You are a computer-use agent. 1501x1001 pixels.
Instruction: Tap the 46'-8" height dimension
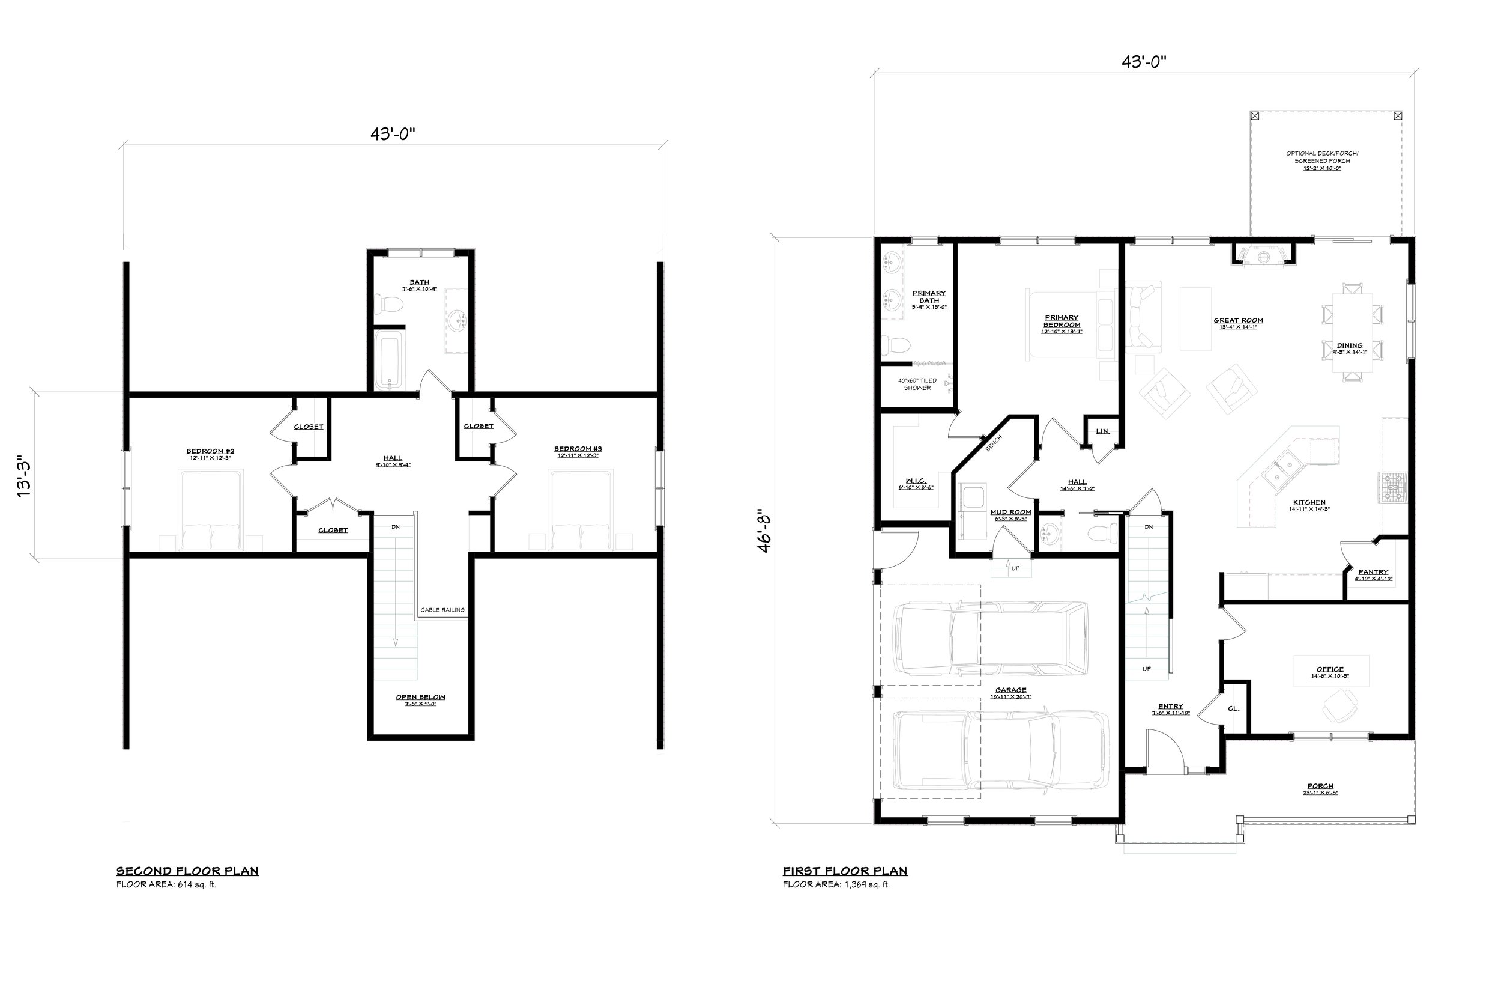[x=765, y=530]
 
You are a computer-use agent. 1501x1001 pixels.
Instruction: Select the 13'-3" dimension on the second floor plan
[x=23, y=476]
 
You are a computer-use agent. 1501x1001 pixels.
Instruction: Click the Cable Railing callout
[x=442, y=610]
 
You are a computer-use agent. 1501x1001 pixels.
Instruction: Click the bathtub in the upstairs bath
[x=389, y=360]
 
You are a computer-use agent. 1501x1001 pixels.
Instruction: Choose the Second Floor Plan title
[x=187, y=871]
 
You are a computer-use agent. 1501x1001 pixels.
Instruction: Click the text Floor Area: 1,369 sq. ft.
[x=836, y=885]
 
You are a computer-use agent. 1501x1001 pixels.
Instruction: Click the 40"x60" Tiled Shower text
[x=917, y=384]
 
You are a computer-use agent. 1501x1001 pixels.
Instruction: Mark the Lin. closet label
[x=1102, y=431]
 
